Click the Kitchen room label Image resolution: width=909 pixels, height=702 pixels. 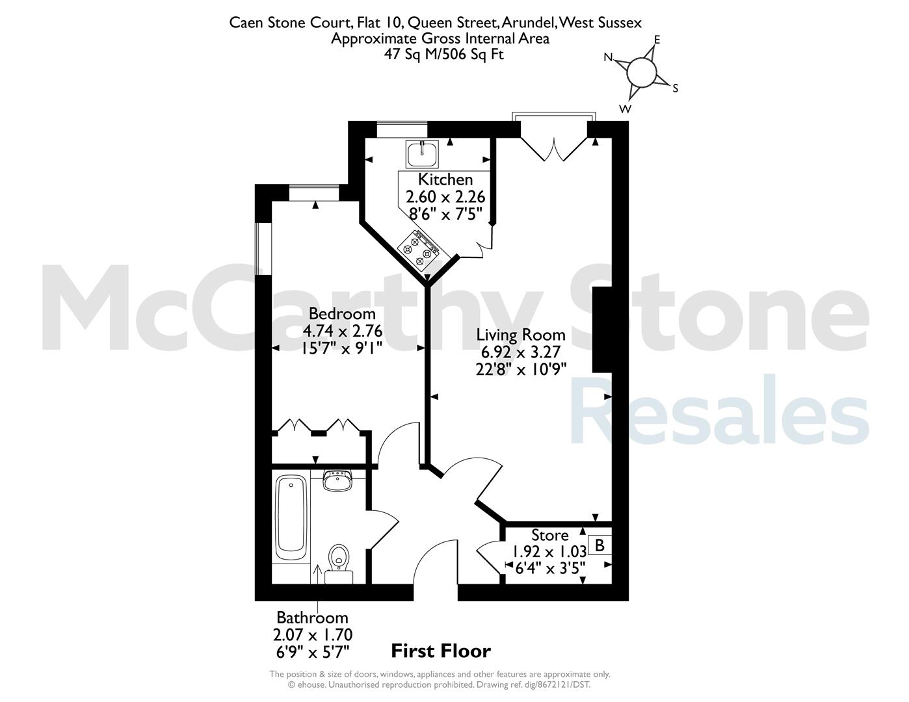(x=445, y=180)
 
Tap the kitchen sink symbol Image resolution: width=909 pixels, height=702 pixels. (x=422, y=154)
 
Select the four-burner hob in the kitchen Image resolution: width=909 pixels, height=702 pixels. (x=418, y=249)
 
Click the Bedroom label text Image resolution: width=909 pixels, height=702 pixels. (x=342, y=314)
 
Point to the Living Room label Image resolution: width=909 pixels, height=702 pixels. (x=521, y=335)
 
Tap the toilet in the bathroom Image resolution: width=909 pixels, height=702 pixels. (x=339, y=562)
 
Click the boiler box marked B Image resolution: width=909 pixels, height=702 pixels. (x=600, y=545)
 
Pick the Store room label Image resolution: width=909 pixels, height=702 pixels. (x=549, y=536)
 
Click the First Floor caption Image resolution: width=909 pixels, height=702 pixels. (x=441, y=651)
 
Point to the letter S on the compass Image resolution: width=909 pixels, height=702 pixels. (x=675, y=88)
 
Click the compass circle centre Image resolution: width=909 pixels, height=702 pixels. (x=642, y=73)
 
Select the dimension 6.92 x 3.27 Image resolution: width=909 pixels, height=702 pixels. (x=521, y=352)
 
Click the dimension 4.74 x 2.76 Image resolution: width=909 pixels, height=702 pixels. (x=343, y=331)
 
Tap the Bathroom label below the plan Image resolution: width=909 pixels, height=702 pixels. (x=313, y=617)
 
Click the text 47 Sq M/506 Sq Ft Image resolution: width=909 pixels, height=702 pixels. (x=444, y=55)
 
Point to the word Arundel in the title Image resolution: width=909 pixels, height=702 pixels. (x=529, y=23)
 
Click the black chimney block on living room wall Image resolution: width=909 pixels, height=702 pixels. (x=602, y=330)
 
